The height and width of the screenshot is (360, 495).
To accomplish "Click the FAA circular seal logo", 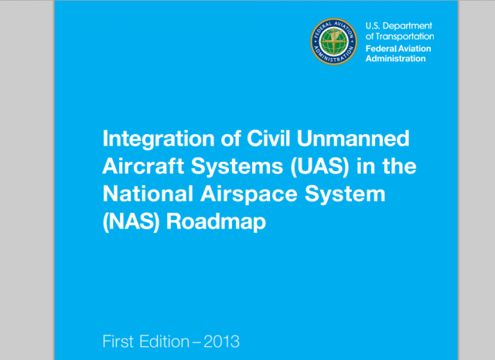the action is click(333, 41).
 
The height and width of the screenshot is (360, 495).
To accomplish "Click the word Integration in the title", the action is click(159, 139).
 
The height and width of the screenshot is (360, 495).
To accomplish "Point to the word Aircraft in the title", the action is click(143, 166).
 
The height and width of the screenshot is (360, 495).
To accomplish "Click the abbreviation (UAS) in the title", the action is click(319, 166).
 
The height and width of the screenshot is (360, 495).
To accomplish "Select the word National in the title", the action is click(148, 193).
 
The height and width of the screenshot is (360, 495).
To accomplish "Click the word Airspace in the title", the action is click(249, 194).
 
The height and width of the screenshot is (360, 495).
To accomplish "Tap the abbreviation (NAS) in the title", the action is click(131, 221).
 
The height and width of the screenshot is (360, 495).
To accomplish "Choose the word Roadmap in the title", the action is click(216, 222).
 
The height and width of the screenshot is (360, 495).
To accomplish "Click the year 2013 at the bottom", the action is click(222, 341).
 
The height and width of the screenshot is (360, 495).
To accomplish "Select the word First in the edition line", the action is click(118, 341).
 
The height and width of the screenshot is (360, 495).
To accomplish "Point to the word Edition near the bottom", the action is click(165, 341).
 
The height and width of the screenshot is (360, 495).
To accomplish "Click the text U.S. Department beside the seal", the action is click(399, 26).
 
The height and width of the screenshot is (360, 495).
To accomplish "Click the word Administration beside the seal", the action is click(395, 59).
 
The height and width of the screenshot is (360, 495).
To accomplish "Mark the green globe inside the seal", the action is click(333, 41).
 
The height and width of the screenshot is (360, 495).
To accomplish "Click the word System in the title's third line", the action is click(345, 194).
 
